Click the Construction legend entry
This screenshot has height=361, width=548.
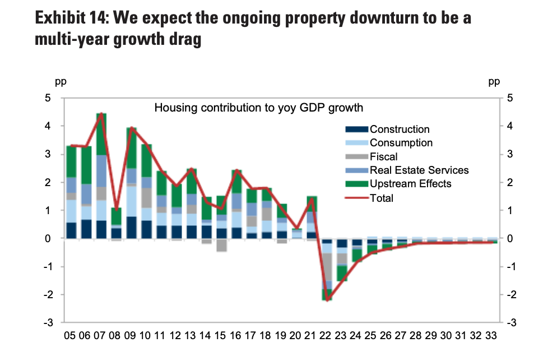pyautogui.click(x=400, y=129)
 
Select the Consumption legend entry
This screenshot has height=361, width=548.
pyautogui.click(x=401, y=143)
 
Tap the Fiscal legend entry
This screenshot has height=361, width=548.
pyautogui.click(x=384, y=157)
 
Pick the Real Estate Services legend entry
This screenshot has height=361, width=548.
pyautogui.click(x=419, y=170)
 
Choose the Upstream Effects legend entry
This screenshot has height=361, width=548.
pyautogui.click(x=410, y=184)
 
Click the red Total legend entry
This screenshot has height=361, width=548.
pyautogui.click(x=382, y=198)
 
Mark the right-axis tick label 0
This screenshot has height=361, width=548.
pyautogui.click(x=510, y=239)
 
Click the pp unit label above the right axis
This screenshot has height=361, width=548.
pyautogui.click(x=494, y=82)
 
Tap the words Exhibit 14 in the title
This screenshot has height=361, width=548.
pyautogui.click(x=71, y=18)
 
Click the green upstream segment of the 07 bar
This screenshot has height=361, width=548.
pyautogui.click(x=101, y=135)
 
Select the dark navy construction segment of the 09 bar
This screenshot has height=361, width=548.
pyautogui.click(x=132, y=228)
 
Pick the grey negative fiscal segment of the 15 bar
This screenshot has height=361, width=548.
pyautogui.click(x=222, y=245)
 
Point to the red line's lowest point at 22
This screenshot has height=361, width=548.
pyautogui.click(x=327, y=300)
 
